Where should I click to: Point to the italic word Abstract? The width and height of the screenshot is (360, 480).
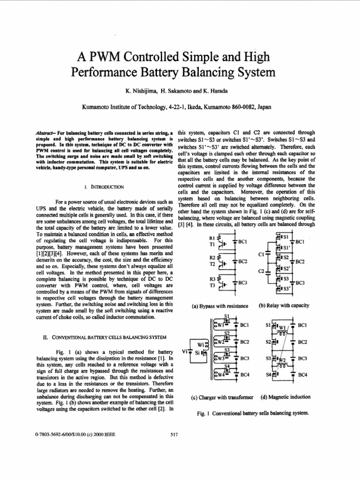45,133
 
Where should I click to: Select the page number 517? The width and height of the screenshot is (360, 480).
173,435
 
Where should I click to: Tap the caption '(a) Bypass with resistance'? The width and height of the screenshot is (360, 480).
220,306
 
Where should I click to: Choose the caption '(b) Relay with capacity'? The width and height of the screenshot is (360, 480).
284,306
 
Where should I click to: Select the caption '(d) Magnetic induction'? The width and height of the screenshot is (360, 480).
285,397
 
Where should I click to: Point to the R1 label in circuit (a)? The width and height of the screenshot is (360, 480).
211,238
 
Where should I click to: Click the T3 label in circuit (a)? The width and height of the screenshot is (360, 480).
211,285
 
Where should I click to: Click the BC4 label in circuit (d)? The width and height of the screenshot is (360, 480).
302,375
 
